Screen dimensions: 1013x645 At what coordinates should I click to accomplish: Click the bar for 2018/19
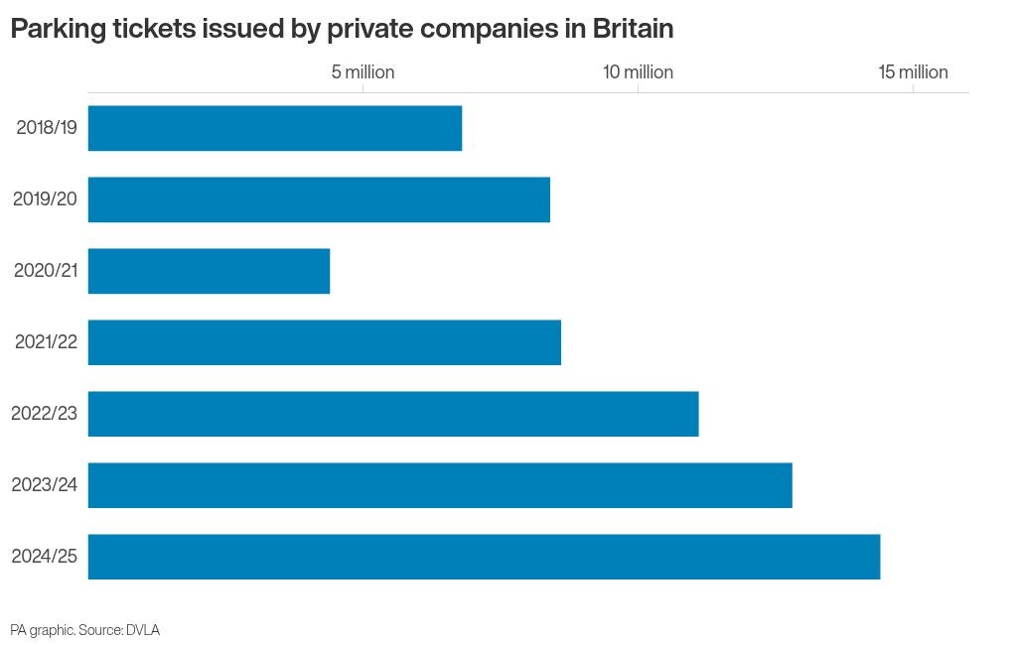pos(275,128)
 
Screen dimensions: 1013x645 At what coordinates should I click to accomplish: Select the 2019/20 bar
pos(319,199)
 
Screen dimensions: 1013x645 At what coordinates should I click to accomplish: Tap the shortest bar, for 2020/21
pos(210,271)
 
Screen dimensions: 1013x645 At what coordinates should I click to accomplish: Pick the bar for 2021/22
pos(325,342)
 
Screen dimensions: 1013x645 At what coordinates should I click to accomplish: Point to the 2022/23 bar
pos(393,414)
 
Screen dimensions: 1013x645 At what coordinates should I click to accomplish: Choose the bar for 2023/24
pos(440,485)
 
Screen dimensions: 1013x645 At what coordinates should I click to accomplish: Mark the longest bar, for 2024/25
pos(484,557)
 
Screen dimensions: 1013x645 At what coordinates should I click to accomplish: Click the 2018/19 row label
pos(47,127)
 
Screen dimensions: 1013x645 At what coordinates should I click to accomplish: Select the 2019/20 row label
pos(46,198)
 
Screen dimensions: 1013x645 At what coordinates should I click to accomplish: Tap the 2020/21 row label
pos(46,270)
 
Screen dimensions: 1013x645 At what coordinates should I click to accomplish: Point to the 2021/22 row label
pos(46,341)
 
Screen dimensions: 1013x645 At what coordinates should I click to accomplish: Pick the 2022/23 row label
pos(44,413)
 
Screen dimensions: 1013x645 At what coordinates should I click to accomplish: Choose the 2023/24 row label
pos(44,484)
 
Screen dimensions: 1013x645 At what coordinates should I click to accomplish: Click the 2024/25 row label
pos(44,556)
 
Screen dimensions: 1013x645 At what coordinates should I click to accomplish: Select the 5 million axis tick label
pos(363,71)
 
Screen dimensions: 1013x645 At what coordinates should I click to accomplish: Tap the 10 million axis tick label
pos(639,71)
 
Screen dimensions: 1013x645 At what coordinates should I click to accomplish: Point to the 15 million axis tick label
pos(914,71)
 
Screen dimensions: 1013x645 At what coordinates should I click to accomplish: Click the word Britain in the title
pos(634,29)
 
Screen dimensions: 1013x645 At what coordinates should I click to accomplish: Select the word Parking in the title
pos(59,30)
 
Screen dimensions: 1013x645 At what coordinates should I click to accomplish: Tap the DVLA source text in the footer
pos(143,630)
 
